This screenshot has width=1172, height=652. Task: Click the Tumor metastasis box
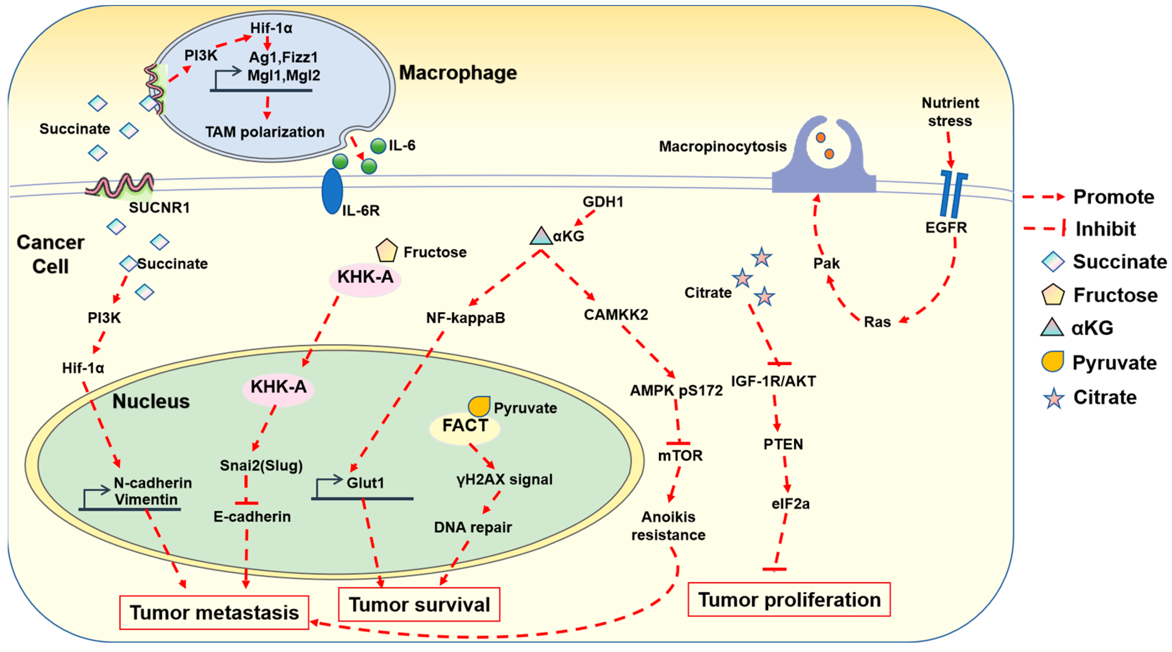point(214,612)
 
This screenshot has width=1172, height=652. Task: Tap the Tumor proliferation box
point(788,599)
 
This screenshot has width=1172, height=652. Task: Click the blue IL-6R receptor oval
point(332,191)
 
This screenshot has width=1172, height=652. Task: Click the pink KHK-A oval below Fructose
point(365,277)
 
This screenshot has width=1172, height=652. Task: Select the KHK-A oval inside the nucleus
point(278,387)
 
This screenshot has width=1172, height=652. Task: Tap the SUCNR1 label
point(159,208)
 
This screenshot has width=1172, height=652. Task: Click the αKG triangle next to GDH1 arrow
point(541,236)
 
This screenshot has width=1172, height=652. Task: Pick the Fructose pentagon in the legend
point(1053,295)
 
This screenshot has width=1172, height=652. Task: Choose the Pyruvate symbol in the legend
point(1053,362)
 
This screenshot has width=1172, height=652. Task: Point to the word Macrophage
point(457,73)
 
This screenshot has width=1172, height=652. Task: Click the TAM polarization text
point(264,132)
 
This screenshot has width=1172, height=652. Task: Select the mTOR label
point(680,456)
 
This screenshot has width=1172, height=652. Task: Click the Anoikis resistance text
point(668,526)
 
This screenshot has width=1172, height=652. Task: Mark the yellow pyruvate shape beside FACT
point(479,406)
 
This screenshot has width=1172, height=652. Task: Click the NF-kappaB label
point(465,317)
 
